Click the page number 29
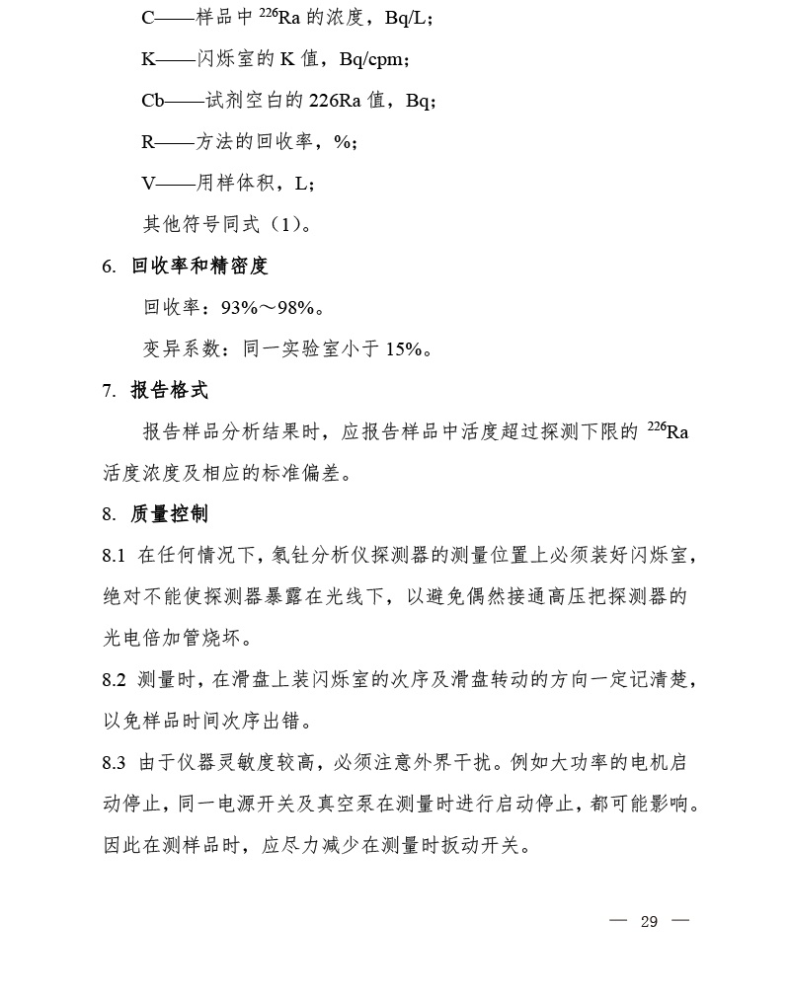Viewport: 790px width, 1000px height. (x=649, y=921)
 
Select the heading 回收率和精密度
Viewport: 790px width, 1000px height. (x=199, y=267)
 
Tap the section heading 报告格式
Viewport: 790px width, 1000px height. (x=170, y=391)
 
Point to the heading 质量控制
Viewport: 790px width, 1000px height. (x=170, y=514)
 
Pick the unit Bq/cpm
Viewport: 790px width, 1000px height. (x=371, y=59)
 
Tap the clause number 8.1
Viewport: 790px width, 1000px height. (x=114, y=556)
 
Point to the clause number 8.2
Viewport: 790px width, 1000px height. (x=114, y=680)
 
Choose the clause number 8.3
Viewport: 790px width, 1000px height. (x=114, y=763)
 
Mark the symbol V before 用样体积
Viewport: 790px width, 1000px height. (x=148, y=183)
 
